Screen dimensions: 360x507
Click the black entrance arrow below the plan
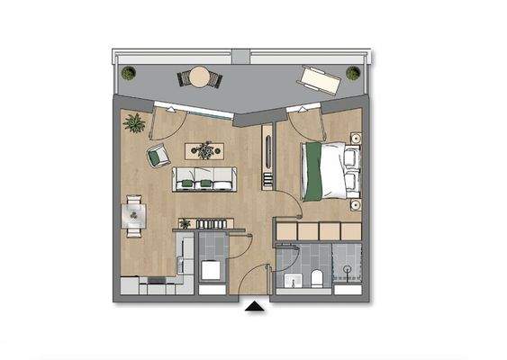click(x=255, y=307)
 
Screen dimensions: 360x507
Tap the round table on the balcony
click(x=199, y=77)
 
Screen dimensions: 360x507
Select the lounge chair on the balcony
click(x=318, y=77)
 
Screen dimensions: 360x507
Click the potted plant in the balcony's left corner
click(x=128, y=73)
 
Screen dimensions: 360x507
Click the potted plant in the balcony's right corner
click(x=353, y=73)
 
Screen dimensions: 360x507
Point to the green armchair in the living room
click(x=158, y=156)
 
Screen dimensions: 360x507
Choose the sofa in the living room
click(x=204, y=180)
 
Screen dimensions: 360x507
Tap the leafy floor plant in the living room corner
click(x=136, y=121)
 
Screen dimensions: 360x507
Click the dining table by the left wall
click(x=134, y=215)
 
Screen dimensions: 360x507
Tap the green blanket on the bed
click(x=313, y=172)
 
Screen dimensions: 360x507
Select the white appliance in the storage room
click(x=213, y=270)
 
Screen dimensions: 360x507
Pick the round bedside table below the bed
click(x=357, y=205)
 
